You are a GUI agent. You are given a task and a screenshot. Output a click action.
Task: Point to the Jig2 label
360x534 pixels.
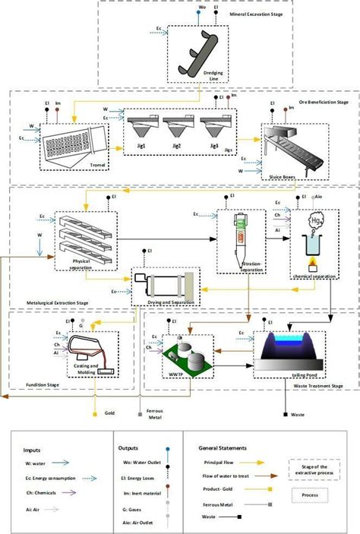point(177,145)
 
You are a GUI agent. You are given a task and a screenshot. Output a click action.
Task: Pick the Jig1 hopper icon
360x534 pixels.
point(144,125)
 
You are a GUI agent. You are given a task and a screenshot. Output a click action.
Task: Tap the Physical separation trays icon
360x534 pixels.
point(83,236)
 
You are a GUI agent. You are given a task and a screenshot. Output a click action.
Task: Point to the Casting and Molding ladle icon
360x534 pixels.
point(86,351)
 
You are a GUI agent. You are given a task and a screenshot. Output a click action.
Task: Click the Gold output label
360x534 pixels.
point(109,413)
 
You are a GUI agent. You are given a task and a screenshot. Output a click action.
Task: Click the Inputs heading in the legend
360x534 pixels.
point(32,450)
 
